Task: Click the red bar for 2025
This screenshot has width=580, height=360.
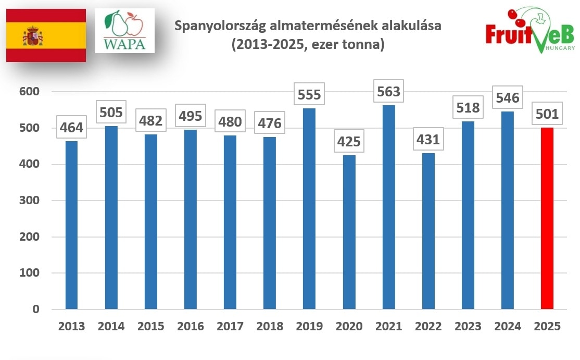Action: [x=547, y=218]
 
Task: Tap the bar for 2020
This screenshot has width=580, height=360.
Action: [x=349, y=232]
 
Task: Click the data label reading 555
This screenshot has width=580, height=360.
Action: [x=309, y=95]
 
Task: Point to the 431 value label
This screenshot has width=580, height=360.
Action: [x=428, y=140]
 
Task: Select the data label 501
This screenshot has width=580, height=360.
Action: [x=546, y=114]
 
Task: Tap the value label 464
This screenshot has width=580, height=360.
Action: [x=71, y=128]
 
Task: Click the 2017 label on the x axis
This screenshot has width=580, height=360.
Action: [x=230, y=327]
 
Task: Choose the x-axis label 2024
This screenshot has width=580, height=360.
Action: [x=507, y=327]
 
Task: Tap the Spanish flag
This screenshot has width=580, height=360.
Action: [x=46, y=35]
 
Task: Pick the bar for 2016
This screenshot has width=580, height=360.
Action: [x=191, y=219]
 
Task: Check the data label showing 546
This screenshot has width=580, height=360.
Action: [x=507, y=98]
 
